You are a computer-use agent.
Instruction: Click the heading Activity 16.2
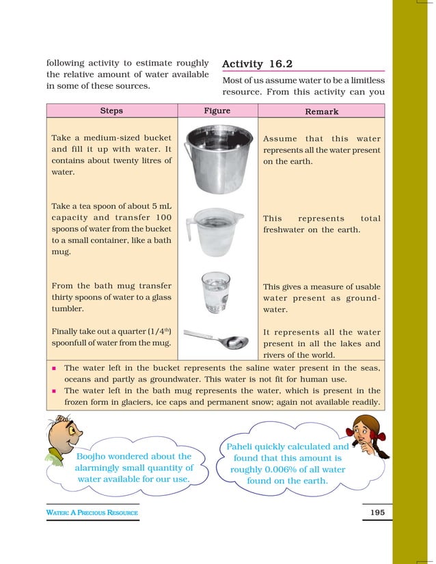pos(258,64)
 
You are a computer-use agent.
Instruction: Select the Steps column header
pos(111,111)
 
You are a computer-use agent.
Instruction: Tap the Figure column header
pos(217,111)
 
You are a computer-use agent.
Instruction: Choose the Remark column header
pos(321,111)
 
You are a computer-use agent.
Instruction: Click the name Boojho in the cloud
pos(95,456)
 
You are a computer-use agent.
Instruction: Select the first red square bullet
pos(53,367)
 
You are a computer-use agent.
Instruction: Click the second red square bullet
pos(53,391)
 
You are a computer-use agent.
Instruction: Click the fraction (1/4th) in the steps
pos(155,332)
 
